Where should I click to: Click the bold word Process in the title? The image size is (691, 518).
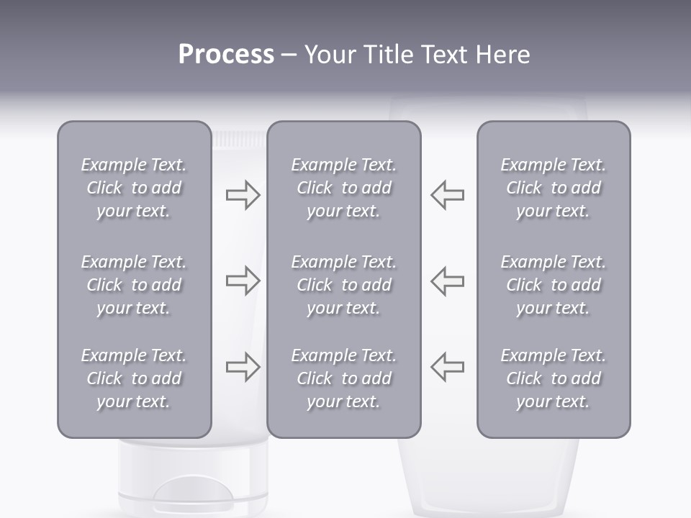click(226, 55)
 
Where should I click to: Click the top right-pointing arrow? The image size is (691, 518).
click(243, 195)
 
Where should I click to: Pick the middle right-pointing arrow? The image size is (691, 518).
click(243, 281)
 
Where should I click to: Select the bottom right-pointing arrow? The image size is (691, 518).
click(243, 366)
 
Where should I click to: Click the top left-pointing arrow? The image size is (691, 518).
click(448, 195)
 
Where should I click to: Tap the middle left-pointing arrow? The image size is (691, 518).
click(448, 281)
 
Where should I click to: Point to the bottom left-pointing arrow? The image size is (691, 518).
click(448, 366)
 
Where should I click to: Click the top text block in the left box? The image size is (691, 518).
click(134, 188)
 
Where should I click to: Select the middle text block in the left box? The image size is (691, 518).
click(134, 285)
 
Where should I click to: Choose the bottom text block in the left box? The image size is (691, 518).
click(134, 378)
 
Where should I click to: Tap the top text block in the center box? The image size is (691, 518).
click(343, 188)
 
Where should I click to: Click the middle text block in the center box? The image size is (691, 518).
click(343, 285)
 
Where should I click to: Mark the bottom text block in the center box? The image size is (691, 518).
click(343, 378)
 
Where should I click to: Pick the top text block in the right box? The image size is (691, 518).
click(553, 188)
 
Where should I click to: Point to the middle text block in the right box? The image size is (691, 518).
click(553, 285)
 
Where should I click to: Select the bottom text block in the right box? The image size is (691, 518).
click(553, 378)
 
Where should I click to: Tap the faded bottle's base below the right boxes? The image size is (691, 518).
click(489, 478)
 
